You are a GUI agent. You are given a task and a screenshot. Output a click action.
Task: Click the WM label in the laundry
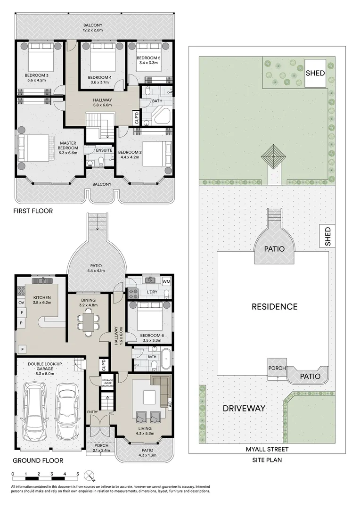(x=166, y=281)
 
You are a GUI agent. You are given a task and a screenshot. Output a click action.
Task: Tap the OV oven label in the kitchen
(x=21, y=303)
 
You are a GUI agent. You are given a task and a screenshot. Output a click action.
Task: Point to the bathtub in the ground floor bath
(x=166, y=359)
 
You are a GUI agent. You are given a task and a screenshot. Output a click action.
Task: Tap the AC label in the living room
(x=170, y=404)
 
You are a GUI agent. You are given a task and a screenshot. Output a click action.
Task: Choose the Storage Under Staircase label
(x=107, y=383)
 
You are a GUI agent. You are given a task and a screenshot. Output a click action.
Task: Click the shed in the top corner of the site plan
(x=315, y=73)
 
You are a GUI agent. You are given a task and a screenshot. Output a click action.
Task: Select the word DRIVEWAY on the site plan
(x=244, y=408)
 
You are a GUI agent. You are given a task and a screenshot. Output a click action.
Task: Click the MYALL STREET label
(x=267, y=449)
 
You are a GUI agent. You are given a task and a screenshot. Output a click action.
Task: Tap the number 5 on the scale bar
(x=78, y=474)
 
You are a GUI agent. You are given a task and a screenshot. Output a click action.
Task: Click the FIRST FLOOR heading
(x=33, y=211)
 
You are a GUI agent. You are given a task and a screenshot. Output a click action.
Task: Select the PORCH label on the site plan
(x=277, y=368)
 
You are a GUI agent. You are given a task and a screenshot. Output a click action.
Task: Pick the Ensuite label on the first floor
(x=104, y=150)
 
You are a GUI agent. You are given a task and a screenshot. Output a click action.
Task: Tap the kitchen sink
(x=42, y=280)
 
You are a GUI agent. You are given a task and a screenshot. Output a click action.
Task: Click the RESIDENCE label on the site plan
(x=275, y=306)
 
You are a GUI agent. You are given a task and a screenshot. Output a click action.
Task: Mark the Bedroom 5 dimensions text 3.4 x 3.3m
(x=148, y=63)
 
